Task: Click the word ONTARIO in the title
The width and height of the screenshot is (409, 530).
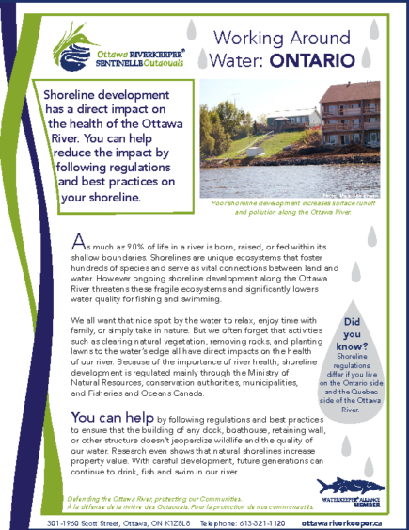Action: [x=314, y=61]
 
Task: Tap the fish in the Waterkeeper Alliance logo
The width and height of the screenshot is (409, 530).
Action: [x=350, y=485]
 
